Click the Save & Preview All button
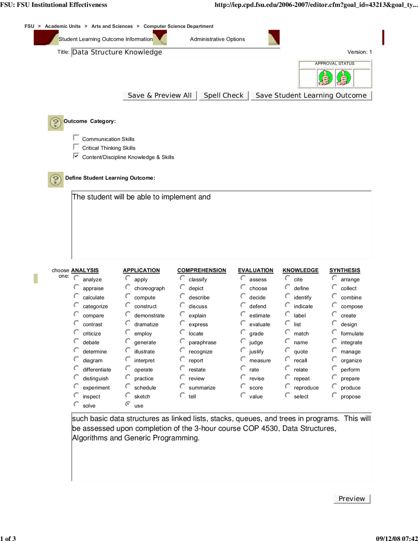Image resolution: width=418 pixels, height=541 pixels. [x=160, y=95]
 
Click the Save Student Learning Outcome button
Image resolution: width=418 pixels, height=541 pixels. [x=311, y=95]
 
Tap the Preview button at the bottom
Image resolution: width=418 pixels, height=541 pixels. [x=352, y=499]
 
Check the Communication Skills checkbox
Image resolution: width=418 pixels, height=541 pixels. [x=76, y=138]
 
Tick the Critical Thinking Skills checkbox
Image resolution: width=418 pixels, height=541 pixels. [x=76, y=147]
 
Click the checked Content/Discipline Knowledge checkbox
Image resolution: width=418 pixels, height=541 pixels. [x=76, y=156]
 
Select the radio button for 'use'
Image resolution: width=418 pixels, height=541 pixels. [x=128, y=404]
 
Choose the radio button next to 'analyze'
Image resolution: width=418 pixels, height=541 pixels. [x=76, y=278]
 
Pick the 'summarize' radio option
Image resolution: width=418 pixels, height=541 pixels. [x=182, y=386]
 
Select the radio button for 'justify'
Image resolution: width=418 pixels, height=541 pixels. [x=243, y=350]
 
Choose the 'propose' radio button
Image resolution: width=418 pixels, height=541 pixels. [x=334, y=395]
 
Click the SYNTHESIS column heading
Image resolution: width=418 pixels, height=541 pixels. [x=345, y=270]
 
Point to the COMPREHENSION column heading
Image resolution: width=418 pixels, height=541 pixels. [x=201, y=270]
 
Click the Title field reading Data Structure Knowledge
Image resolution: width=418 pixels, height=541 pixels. [x=175, y=52]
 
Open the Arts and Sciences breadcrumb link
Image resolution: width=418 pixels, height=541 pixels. [x=112, y=26]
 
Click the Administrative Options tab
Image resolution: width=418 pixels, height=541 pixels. [x=217, y=39]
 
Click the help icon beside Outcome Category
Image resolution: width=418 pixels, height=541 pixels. [x=56, y=123]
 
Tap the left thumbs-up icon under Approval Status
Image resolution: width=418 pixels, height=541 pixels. [x=325, y=78]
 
